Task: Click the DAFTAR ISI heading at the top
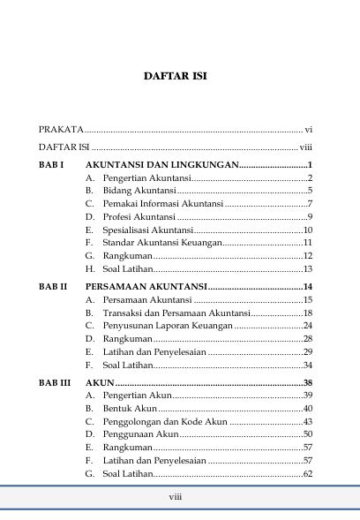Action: pos(180,77)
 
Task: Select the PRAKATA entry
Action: pos(66,129)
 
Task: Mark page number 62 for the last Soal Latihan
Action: pos(308,474)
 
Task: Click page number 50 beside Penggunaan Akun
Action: pos(308,434)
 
